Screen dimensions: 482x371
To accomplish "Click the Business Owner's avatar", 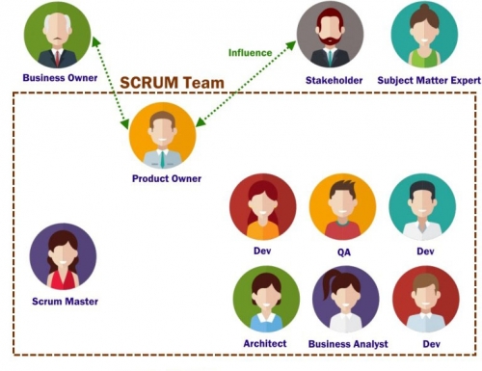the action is coord(58,35).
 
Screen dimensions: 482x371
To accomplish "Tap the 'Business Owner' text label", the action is coord(60,78).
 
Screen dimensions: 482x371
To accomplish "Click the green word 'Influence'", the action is coord(251,53).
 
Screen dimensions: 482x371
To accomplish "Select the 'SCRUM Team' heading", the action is coord(172,83).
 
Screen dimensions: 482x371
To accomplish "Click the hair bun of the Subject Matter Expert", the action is coord(424,8).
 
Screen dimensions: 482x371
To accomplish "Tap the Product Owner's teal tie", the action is coord(163,159).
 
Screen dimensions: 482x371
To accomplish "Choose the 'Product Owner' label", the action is coord(167,178).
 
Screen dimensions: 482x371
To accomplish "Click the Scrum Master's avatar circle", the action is coord(63,257).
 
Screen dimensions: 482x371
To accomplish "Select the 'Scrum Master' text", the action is coord(65,302).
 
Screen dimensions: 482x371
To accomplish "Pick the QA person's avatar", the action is coord(342,207).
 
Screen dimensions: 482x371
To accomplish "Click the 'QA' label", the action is coord(344,252).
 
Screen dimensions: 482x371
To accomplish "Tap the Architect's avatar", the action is coord(266,299).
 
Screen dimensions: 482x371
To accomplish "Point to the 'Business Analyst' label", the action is coord(348,344).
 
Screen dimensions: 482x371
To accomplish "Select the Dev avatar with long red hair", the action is coord(263,207).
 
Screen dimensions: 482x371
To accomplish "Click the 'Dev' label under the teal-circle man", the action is coord(425,252).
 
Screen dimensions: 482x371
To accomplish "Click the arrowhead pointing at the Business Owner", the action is coord(95,41).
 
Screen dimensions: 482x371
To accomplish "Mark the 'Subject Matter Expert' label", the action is coord(429,80).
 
